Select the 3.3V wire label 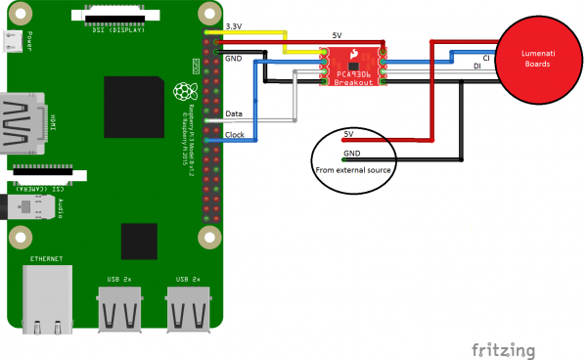click(x=235, y=25)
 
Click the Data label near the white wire click(x=234, y=114)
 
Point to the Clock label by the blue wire click(x=235, y=134)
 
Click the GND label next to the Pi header click(x=233, y=59)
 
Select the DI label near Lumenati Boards click(x=476, y=67)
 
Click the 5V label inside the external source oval click(x=349, y=133)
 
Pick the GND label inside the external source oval click(x=351, y=154)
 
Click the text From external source click(x=352, y=170)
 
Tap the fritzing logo click(x=503, y=349)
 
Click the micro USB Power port click(x=12, y=41)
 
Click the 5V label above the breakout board click(x=337, y=35)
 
